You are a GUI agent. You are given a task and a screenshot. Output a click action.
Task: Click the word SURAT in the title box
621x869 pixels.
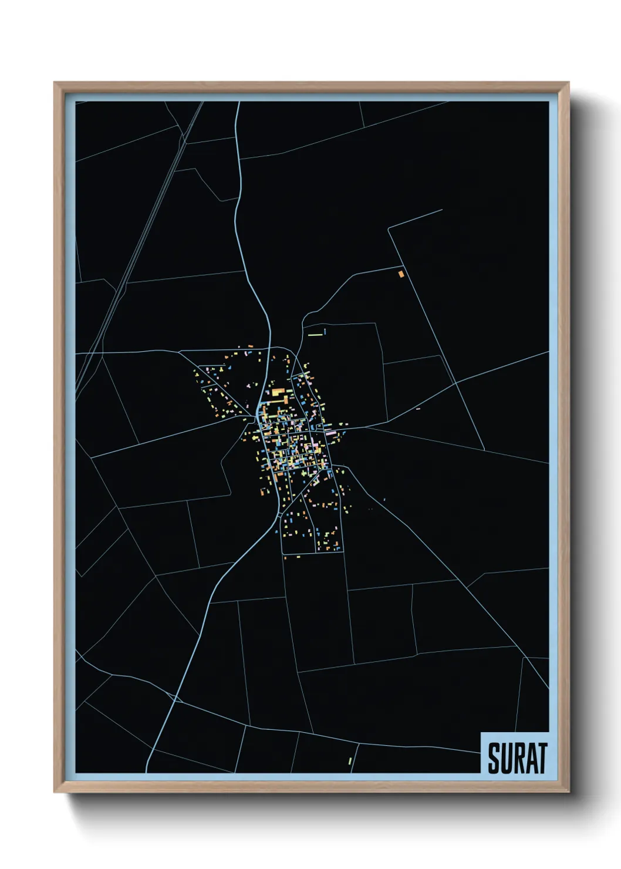517,757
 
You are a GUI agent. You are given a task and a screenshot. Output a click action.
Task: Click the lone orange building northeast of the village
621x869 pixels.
401,274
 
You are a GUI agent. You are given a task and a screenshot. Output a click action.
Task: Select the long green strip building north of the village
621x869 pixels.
316,334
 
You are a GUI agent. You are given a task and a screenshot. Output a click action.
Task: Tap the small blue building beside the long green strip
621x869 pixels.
325,332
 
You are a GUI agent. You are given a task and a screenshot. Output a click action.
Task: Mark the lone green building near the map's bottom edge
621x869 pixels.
350,761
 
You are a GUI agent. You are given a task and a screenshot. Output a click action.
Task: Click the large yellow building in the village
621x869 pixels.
275,392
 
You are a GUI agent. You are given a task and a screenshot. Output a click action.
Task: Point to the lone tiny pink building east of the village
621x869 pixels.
418,409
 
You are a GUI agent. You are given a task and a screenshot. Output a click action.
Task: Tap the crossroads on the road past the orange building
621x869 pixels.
457,383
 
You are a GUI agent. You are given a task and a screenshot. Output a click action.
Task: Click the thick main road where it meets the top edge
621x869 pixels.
238,103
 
